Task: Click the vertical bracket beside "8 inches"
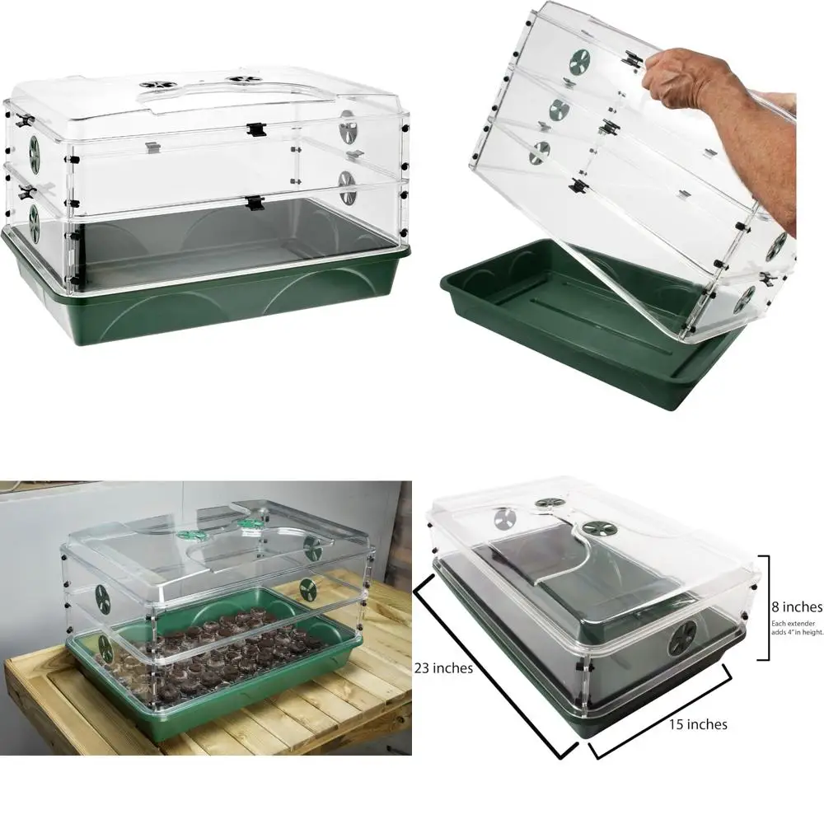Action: (767, 607)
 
